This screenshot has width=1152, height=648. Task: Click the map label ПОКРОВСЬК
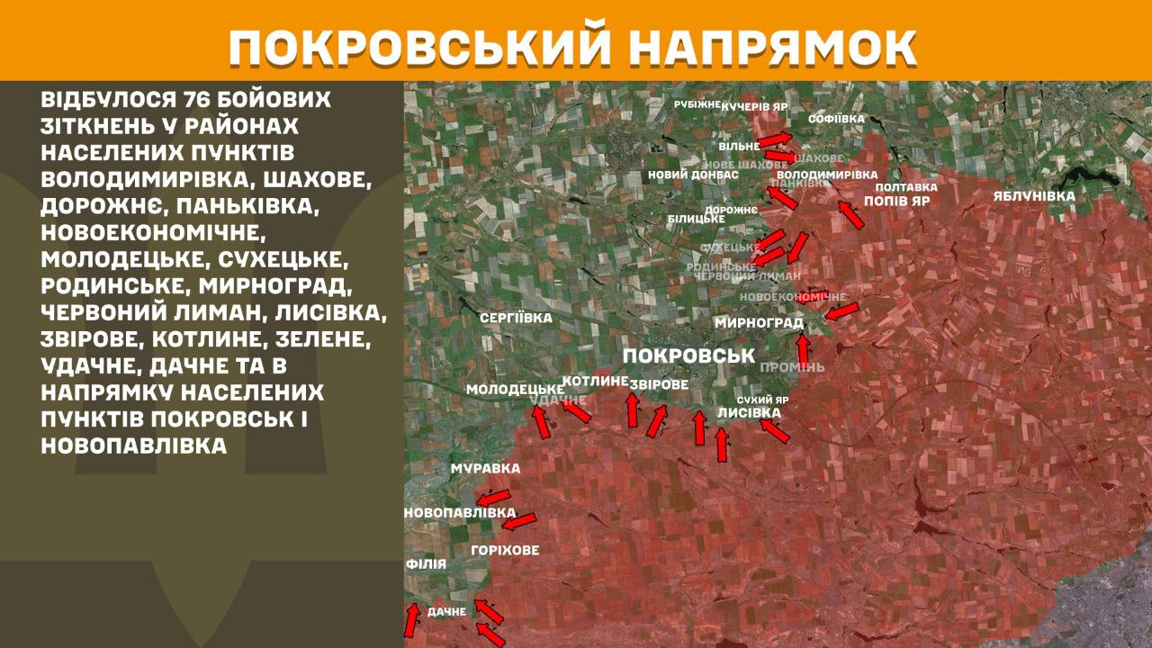(688, 355)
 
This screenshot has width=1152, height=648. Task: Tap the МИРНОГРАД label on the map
(759, 323)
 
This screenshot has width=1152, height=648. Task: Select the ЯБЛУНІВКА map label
(1034, 196)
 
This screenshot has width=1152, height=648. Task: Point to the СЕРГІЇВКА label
(516, 318)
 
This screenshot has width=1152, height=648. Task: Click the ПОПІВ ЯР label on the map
(895, 202)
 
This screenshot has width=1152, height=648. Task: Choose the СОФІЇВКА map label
(836, 119)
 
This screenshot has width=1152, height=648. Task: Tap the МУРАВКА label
(485, 469)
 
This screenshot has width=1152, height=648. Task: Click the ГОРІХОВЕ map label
(505, 550)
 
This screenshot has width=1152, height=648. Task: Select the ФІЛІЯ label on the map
(426, 564)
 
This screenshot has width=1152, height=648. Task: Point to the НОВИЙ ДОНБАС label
(693, 175)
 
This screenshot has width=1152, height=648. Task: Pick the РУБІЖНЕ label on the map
(697, 104)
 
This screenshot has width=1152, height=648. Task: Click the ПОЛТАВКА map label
(906, 187)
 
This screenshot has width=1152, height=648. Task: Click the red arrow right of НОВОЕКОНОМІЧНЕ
(841, 311)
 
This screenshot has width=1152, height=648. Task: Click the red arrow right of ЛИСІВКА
(775, 431)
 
